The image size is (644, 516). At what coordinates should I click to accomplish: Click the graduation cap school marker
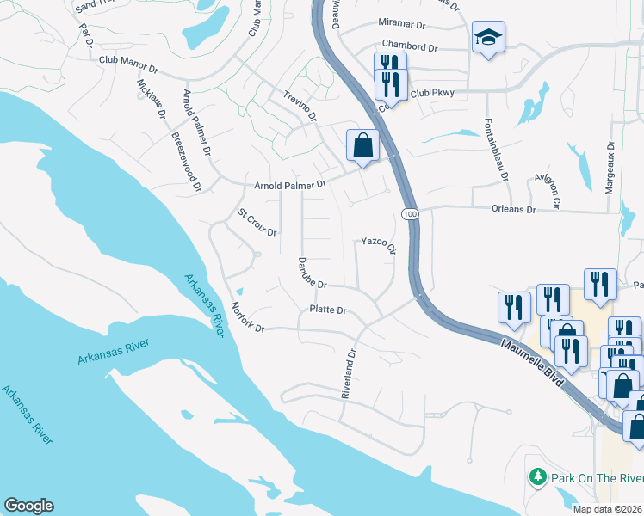coord(488,37)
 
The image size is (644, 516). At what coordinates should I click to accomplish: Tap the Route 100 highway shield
coord(409,212)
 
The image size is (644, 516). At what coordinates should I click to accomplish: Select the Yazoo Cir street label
coord(378,245)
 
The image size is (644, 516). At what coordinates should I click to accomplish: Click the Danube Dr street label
coord(313,273)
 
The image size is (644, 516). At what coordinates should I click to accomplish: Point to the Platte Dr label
coord(328,310)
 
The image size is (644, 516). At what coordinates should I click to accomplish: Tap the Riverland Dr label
coord(348,374)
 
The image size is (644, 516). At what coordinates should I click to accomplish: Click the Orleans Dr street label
coord(513,209)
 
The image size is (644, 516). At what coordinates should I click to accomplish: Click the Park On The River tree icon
coord(537,476)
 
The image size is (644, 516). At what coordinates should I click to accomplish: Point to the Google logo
coord(28,506)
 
